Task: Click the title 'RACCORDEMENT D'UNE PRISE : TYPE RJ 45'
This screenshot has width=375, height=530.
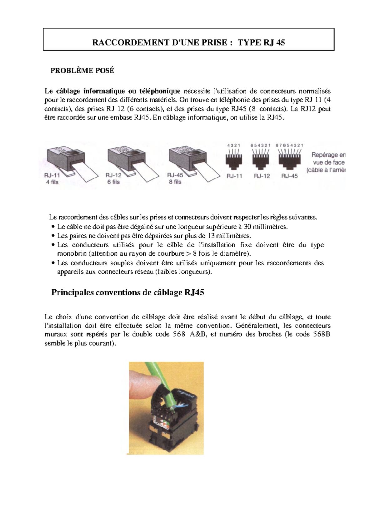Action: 188,42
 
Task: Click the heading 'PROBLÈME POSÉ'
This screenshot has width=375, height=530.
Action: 82,71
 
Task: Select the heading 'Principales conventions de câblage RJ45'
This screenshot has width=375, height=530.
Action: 127,292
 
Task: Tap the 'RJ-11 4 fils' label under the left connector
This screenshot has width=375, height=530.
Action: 52,179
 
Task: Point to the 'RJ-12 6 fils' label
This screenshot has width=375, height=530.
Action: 113,179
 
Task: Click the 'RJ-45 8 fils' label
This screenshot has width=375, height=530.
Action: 175,178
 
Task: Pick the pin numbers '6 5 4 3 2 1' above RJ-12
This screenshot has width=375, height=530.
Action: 260,145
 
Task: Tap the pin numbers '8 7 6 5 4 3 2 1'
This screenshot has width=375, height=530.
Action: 289,145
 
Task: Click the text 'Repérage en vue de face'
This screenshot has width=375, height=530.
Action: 328,159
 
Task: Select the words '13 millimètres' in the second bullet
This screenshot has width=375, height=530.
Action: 229,236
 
